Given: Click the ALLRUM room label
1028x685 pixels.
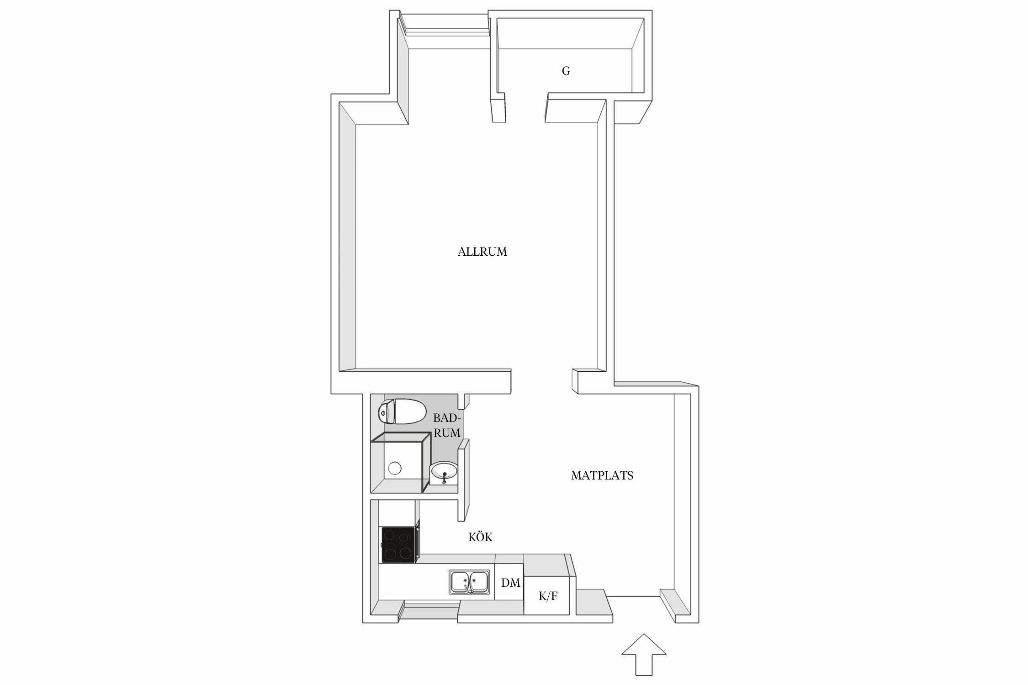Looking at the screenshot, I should coord(482,252).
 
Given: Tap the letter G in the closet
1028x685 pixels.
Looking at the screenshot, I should coord(566,71).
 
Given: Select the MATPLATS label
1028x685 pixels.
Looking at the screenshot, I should coord(602,476).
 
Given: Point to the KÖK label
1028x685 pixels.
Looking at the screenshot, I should coord(480,537).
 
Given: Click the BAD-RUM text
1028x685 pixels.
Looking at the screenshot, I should coord(447,426).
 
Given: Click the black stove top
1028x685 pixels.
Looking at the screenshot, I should coord(399,545).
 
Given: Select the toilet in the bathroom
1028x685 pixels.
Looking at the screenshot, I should coord(401,411).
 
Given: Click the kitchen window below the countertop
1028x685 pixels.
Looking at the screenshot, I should coord(431,612).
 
